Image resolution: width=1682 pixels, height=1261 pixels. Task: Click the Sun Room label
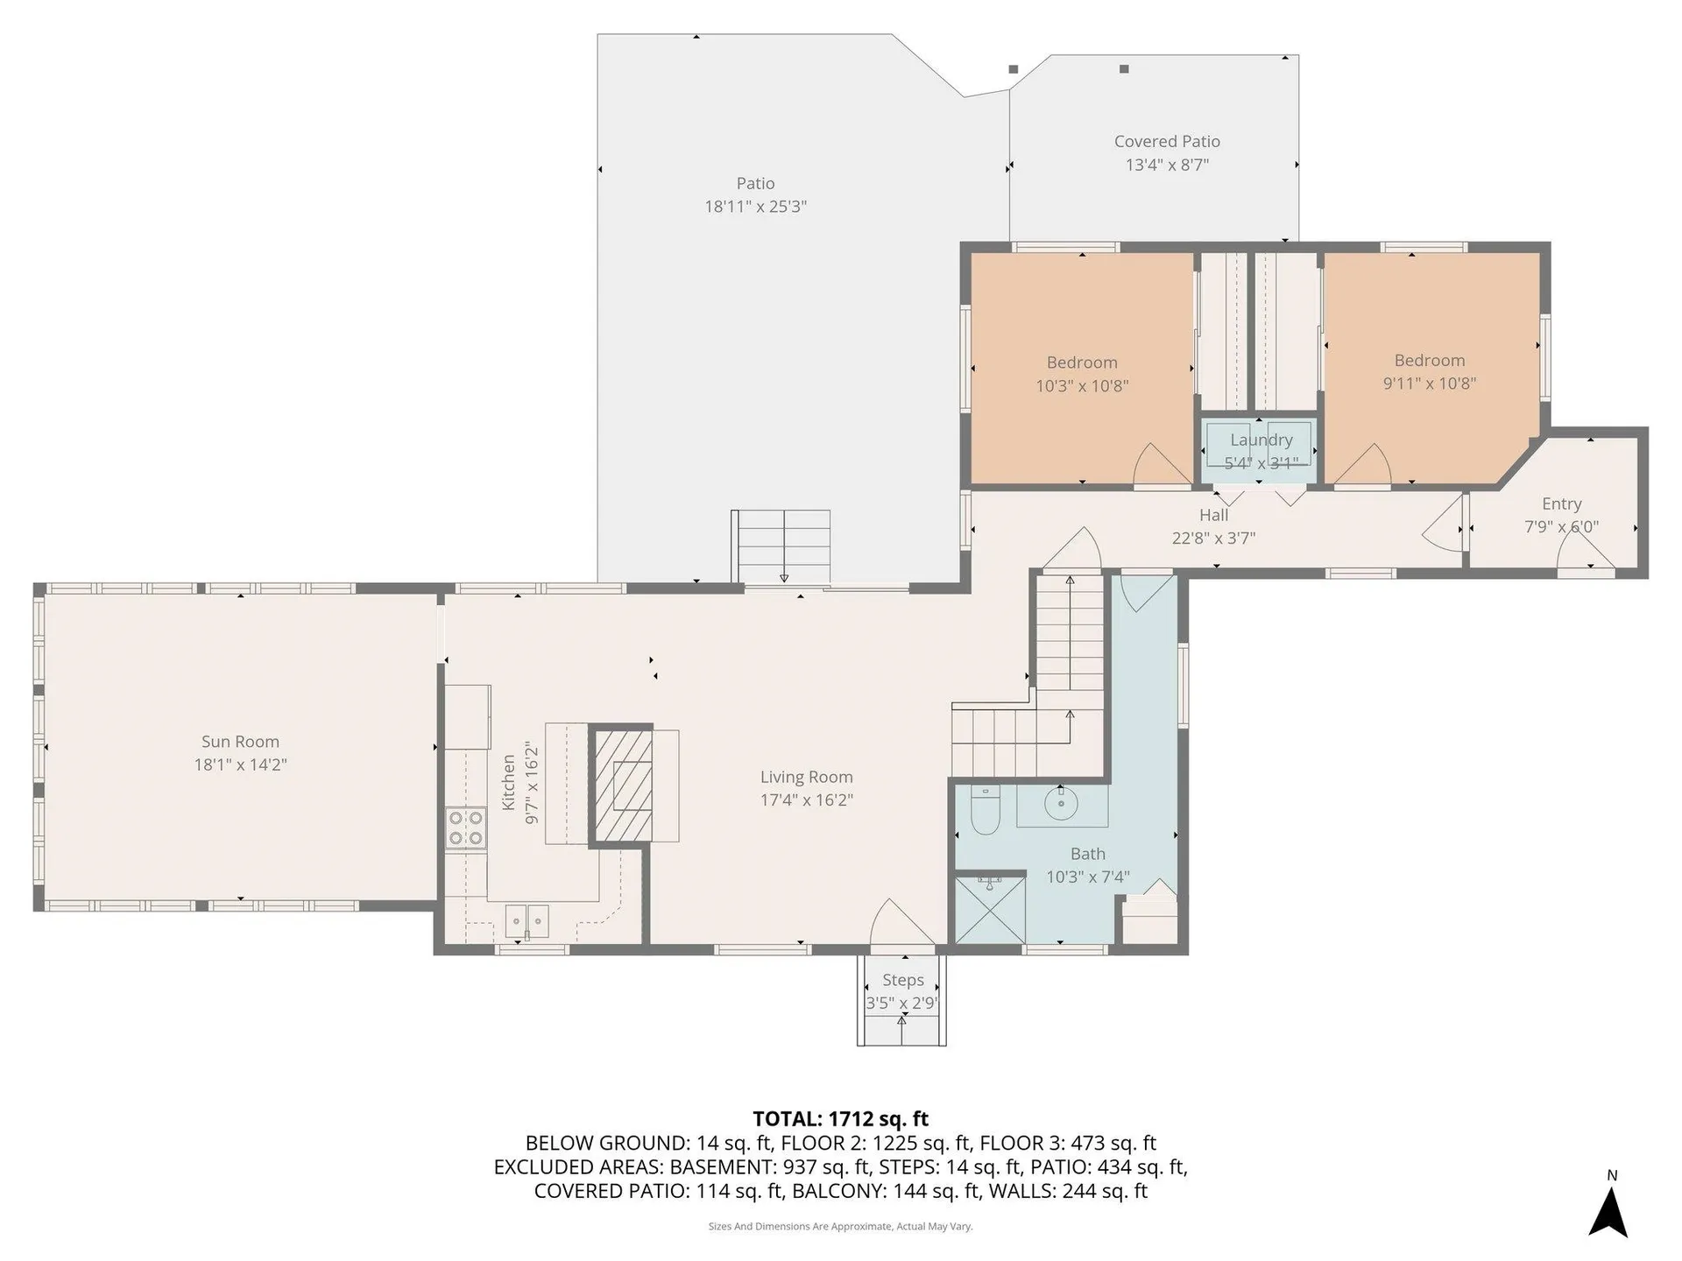tap(240, 742)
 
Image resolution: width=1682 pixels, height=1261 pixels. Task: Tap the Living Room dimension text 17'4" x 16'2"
tap(806, 800)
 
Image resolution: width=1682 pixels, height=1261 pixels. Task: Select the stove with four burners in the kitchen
tap(465, 828)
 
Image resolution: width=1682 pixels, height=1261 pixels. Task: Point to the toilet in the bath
tap(985, 812)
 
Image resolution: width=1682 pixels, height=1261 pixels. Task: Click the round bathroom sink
tap(1061, 802)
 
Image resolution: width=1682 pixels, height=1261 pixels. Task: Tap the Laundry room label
tap(1261, 440)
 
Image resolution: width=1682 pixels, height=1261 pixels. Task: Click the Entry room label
tap(1561, 504)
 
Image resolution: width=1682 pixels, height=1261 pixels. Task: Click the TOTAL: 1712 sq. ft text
tap(840, 1118)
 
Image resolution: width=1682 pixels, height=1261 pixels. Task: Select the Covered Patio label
tap(1167, 141)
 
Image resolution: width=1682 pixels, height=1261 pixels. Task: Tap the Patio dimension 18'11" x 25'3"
tap(755, 207)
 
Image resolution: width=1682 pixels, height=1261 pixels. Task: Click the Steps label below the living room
tap(902, 980)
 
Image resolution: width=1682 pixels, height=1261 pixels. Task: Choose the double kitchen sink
tap(527, 919)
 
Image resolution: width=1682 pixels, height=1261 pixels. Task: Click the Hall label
tap(1213, 516)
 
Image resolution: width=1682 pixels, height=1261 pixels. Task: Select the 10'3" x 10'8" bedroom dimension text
tap(1082, 385)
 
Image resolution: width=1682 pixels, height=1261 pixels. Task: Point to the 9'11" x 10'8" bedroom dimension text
tap(1429, 383)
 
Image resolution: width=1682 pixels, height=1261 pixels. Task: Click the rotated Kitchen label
tap(508, 783)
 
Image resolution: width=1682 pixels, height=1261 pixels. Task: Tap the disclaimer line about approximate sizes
tap(840, 1226)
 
